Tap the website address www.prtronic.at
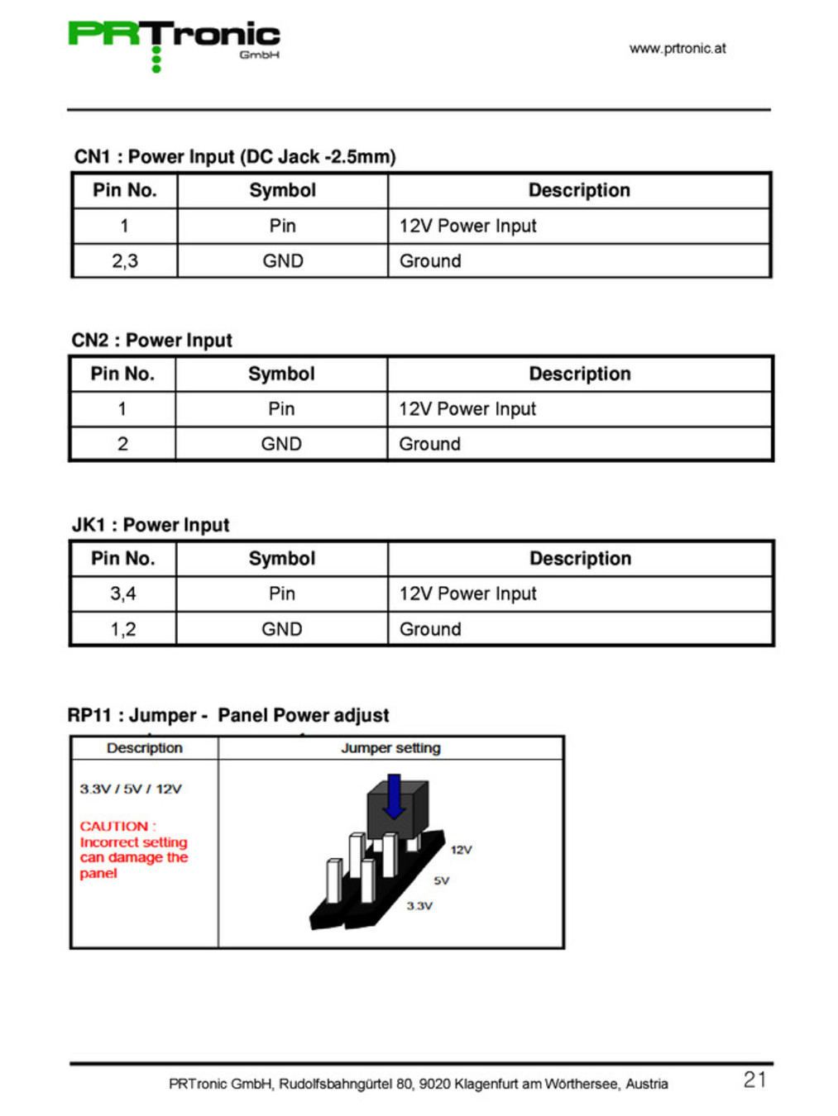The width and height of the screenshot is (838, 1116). [678, 49]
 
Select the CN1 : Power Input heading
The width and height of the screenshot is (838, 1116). [235, 157]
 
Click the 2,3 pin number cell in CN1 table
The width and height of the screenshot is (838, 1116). [125, 261]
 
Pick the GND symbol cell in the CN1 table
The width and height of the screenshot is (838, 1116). [283, 261]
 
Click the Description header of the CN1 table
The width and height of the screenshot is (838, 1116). [579, 191]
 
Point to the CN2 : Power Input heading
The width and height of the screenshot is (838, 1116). [152, 341]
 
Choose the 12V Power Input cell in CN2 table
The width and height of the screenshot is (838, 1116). [467, 409]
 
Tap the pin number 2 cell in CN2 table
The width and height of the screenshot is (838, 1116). [122, 444]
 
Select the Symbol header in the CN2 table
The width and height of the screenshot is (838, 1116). [281, 374]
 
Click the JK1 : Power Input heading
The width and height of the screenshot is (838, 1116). [151, 525]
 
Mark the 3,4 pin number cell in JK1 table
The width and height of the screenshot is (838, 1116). [123, 594]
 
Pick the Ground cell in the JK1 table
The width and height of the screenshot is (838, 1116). [430, 629]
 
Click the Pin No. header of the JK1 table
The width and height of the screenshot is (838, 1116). [123, 559]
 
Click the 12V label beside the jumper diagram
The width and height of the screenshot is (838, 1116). [461, 850]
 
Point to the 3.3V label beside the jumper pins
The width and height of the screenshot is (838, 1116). [419, 906]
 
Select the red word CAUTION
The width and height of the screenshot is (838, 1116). [114, 826]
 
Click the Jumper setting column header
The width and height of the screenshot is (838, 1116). [390, 748]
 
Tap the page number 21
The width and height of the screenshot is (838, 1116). [754, 1080]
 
